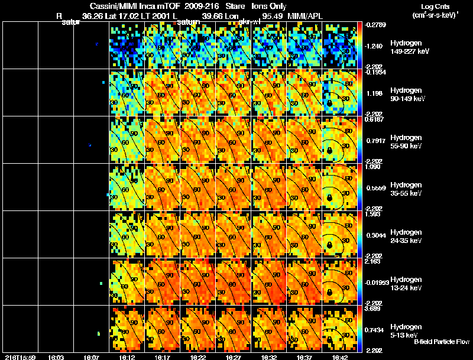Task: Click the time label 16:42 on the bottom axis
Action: (x=339, y=357)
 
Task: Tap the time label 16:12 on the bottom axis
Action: (x=127, y=357)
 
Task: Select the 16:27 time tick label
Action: (x=233, y=357)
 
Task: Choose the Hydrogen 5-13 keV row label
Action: (x=406, y=330)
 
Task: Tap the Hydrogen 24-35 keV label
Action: (x=406, y=236)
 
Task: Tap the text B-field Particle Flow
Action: (x=441, y=342)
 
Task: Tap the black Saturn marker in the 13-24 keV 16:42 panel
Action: (x=329, y=293)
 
